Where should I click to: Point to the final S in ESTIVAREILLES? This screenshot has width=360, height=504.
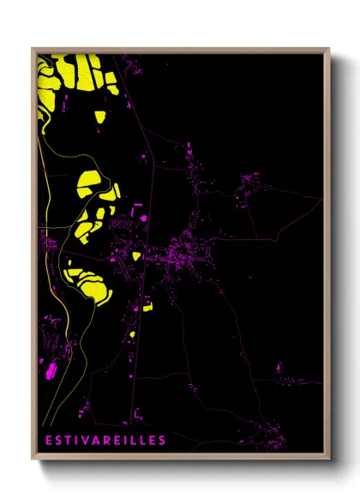[162, 441]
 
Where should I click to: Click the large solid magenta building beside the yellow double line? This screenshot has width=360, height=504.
[49, 371]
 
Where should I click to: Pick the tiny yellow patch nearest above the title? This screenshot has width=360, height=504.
[133, 335]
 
